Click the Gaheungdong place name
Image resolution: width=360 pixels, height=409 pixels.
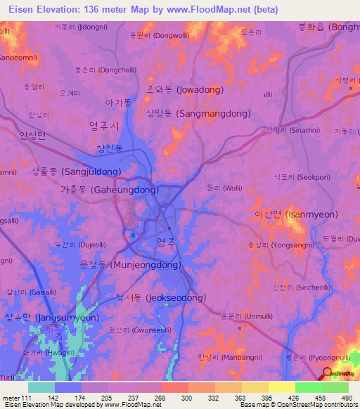(x=109, y=190)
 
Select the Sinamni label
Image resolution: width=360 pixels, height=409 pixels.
(x=288, y=130)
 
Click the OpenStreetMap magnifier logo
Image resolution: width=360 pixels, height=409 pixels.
(x=326, y=375)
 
